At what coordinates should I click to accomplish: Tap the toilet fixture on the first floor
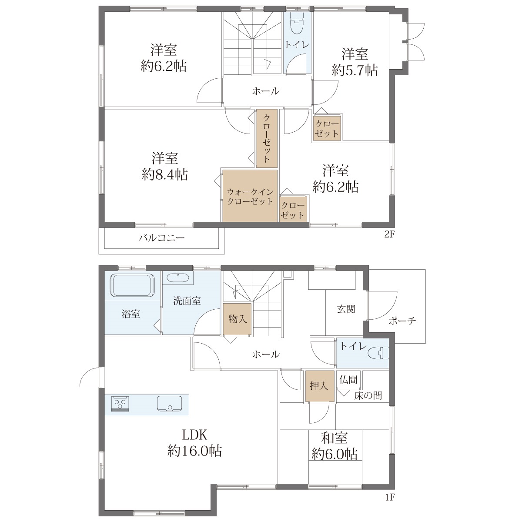(378, 353)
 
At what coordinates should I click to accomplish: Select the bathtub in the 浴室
(133, 285)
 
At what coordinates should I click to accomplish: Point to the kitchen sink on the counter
(170, 404)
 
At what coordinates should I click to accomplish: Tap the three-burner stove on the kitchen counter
(120, 404)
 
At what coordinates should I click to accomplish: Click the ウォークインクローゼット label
(250, 197)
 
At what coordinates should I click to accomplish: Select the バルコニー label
(162, 238)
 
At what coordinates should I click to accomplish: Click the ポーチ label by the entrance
(402, 321)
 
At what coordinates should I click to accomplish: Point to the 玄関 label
(346, 309)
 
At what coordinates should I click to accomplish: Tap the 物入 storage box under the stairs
(238, 319)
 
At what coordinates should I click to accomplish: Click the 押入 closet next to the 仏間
(319, 386)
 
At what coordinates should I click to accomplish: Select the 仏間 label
(348, 379)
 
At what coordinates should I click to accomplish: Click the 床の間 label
(368, 396)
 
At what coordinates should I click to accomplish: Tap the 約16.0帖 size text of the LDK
(194, 451)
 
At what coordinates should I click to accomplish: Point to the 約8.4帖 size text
(165, 174)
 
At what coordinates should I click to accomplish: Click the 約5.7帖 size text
(355, 70)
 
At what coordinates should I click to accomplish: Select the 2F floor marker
(389, 234)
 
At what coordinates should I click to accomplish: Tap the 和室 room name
(334, 438)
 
